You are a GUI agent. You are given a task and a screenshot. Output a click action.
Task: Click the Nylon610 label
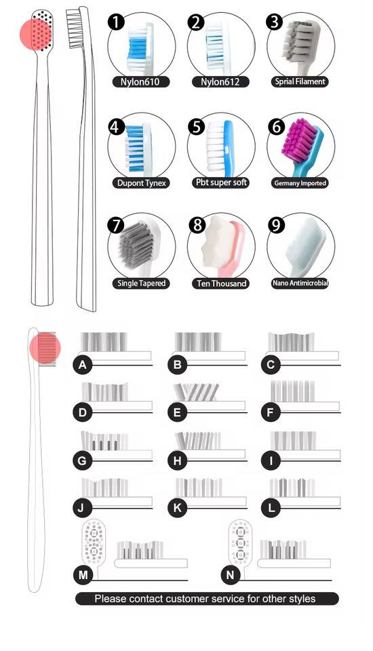(x=141, y=81)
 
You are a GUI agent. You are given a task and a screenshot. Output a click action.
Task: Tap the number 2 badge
(x=196, y=22)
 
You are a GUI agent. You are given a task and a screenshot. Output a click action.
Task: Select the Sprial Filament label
(x=300, y=81)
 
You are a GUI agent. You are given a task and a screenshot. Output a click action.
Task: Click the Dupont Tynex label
(x=141, y=182)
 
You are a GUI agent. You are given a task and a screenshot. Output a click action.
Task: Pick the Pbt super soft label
(x=221, y=182)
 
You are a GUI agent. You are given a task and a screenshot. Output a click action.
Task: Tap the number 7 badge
(x=116, y=225)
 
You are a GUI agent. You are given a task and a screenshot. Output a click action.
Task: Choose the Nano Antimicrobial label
(x=300, y=283)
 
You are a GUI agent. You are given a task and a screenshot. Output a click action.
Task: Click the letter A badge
(x=82, y=365)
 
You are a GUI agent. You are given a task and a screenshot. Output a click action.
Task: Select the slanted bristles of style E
(x=196, y=392)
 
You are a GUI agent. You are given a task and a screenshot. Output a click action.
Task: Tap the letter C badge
(x=271, y=365)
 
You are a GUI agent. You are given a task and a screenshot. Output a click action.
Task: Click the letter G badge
(x=82, y=460)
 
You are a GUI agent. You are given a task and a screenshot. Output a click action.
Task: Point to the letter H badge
(x=178, y=460)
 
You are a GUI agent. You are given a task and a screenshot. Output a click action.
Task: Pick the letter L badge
(x=271, y=508)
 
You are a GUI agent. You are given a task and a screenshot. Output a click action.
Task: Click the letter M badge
(x=83, y=575)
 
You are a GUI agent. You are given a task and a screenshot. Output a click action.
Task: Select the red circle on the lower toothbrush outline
(x=45, y=349)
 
